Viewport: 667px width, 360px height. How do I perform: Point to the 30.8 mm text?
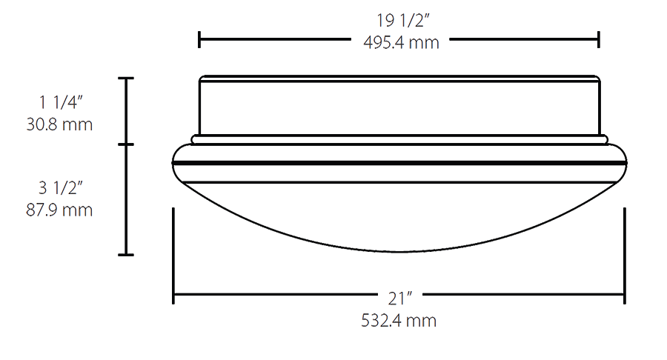(x=60, y=124)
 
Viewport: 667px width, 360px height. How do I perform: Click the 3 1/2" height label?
(x=60, y=188)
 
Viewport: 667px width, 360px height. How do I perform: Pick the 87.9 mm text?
(x=60, y=210)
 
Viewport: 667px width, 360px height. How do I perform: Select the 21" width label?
(x=399, y=299)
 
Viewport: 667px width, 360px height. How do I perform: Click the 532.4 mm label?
(x=399, y=321)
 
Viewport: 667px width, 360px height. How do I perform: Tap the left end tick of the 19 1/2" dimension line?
(x=199, y=39)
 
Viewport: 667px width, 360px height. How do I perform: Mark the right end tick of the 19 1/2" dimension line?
(x=599, y=39)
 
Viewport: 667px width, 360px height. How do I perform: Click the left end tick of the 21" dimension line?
(x=173, y=296)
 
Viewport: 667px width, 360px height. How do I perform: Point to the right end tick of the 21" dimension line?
(x=625, y=296)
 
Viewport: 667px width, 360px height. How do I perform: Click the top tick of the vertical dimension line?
(x=126, y=78)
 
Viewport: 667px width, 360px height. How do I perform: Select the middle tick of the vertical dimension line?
(x=126, y=144)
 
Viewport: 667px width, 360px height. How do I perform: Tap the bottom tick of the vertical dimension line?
(x=126, y=255)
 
